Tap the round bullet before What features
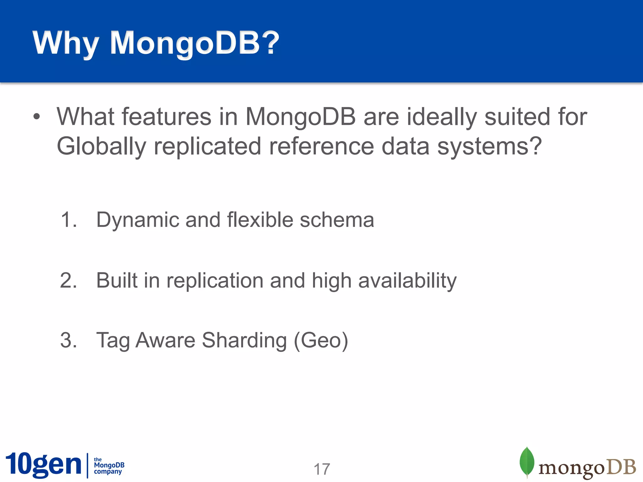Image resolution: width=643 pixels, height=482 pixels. [x=37, y=117]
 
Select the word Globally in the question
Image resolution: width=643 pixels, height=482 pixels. [x=101, y=146]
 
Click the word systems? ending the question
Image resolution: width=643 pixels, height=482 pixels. [x=489, y=146]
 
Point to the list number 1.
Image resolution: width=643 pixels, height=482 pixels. [x=68, y=219]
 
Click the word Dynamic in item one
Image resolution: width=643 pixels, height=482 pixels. [x=137, y=220]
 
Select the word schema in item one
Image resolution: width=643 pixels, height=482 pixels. [x=337, y=219]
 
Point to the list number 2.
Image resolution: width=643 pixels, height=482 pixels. [x=68, y=280]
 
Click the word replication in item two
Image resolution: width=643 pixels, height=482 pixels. [x=215, y=280]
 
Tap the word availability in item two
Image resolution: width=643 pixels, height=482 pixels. [x=407, y=280]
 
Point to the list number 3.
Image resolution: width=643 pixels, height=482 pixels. [x=68, y=340]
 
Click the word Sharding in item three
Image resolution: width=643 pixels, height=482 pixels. [x=244, y=340]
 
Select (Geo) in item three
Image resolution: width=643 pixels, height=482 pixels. [x=321, y=340]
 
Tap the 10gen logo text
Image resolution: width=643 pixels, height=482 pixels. [x=43, y=464]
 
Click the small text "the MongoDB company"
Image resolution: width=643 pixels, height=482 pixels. [x=109, y=466]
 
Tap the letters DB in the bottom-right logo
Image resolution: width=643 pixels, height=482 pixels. [x=621, y=468]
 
